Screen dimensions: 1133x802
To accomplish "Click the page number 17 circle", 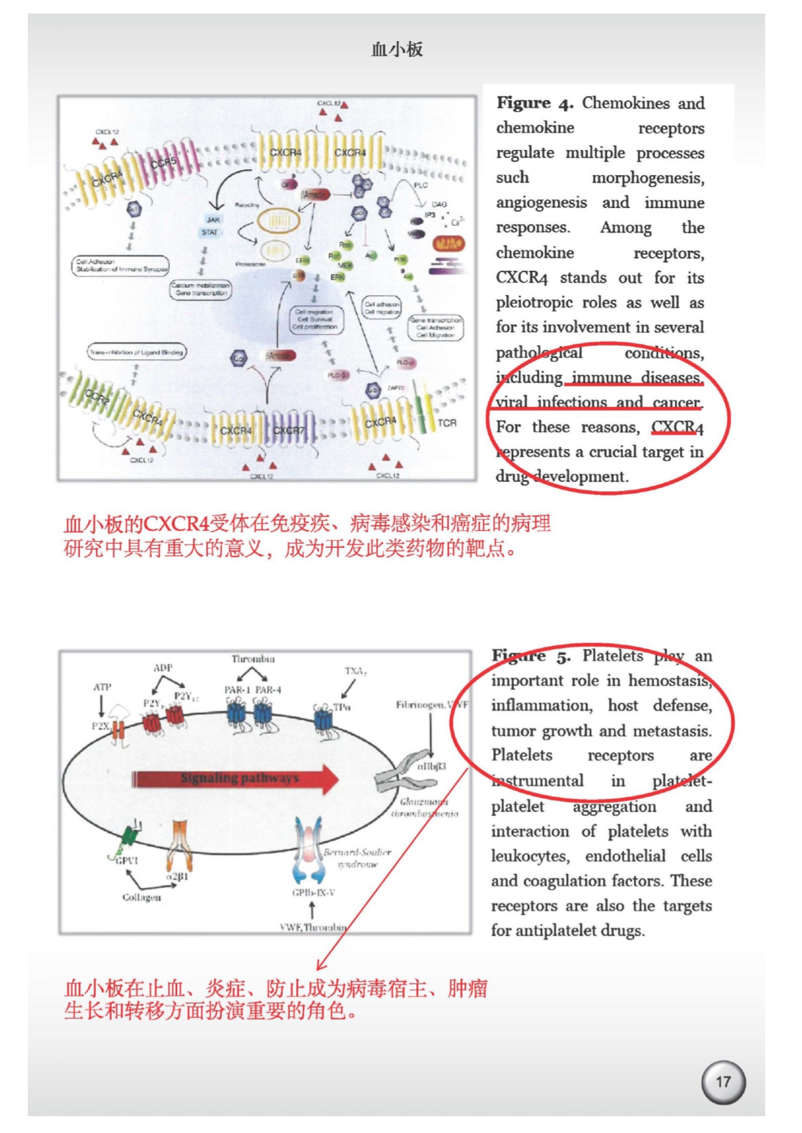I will point(723,1082).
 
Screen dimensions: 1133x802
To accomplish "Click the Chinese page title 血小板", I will point(397,50).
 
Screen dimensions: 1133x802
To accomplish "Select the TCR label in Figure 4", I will point(447,423).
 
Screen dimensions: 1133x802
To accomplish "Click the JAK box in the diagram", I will point(213,220).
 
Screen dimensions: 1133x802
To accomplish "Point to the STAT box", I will point(210,232).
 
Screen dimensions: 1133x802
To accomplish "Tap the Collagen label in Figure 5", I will point(142,897).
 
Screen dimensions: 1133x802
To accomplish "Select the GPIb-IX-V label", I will point(313,893).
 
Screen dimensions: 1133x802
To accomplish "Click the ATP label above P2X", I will point(102,687).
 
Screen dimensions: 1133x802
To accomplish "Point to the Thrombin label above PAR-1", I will point(253,659).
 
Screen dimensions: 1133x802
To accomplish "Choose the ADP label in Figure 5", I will point(163,667).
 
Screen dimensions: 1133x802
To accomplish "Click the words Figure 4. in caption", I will point(534,103).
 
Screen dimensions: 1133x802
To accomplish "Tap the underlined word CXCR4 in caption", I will point(677,427).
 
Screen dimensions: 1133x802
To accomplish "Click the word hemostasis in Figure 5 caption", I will point(670,681).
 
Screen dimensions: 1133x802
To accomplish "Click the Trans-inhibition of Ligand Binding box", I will point(137,352).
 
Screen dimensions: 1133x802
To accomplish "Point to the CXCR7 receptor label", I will point(288,430).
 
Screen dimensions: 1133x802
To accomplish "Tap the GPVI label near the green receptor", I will point(127,860).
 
